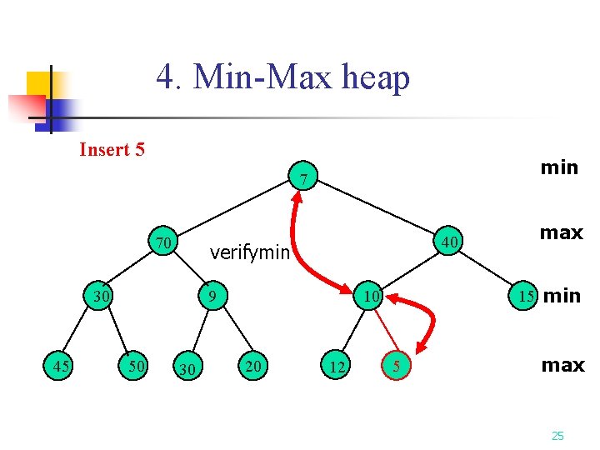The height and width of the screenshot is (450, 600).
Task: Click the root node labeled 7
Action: pos(306,178)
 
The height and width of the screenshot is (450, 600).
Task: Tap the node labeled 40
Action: pos(450,242)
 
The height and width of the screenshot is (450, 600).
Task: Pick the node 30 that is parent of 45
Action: pos(102,296)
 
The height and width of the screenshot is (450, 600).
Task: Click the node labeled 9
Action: pos(212,296)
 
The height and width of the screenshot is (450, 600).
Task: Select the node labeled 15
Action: pos(524,296)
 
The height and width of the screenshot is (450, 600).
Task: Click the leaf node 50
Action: pos(134,364)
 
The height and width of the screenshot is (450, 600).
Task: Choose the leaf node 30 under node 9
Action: pos(187,367)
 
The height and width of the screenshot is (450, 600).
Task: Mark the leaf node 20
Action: pos(252,364)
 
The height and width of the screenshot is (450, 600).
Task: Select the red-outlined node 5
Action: pos(397,365)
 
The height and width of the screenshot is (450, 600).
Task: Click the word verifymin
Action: pos(249,252)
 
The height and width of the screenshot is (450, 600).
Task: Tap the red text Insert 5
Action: pos(112,150)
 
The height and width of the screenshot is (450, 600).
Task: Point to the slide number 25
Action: pos(557,436)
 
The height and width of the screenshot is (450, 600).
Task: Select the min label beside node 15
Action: pos(562,296)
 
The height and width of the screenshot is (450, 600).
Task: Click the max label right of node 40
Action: pos(561,232)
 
